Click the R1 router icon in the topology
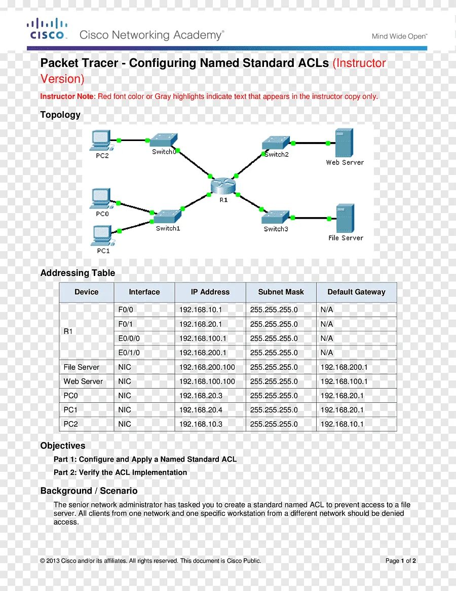(x=223, y=186)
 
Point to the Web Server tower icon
(x=345, y=143)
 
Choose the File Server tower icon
(x=346, y=218)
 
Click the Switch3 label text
(x=276, y=229)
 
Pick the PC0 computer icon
(x=101, y=198)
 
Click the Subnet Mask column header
(x=281, y=292)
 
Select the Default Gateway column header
(x=356, y=292)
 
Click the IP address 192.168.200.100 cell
(x=207, y=367)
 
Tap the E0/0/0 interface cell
(x=129, y=338)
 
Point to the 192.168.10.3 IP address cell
(x=201, y=424)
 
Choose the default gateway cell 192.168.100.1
(x=344, y=381)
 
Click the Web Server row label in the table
(x=83, y=381)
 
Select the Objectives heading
(x=63, y=446)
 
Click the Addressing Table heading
(x=78, y=273)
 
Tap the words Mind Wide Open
(x=399, y=37)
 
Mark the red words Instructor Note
(x=67, y=96)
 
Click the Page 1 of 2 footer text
(x=400, y=561)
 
